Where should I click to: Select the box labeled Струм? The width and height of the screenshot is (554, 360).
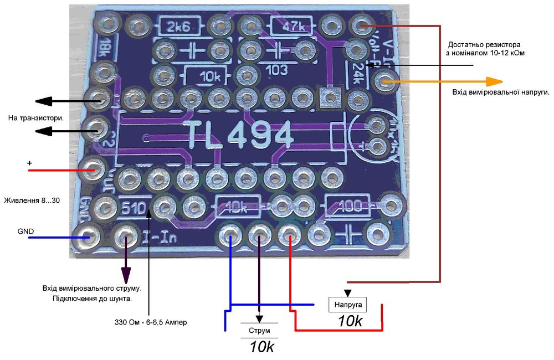(259, 331)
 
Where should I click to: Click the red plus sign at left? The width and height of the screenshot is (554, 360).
(29, 163)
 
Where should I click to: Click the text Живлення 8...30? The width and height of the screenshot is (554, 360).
(32, 199)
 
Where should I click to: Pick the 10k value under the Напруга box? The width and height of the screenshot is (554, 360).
(350, 321)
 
